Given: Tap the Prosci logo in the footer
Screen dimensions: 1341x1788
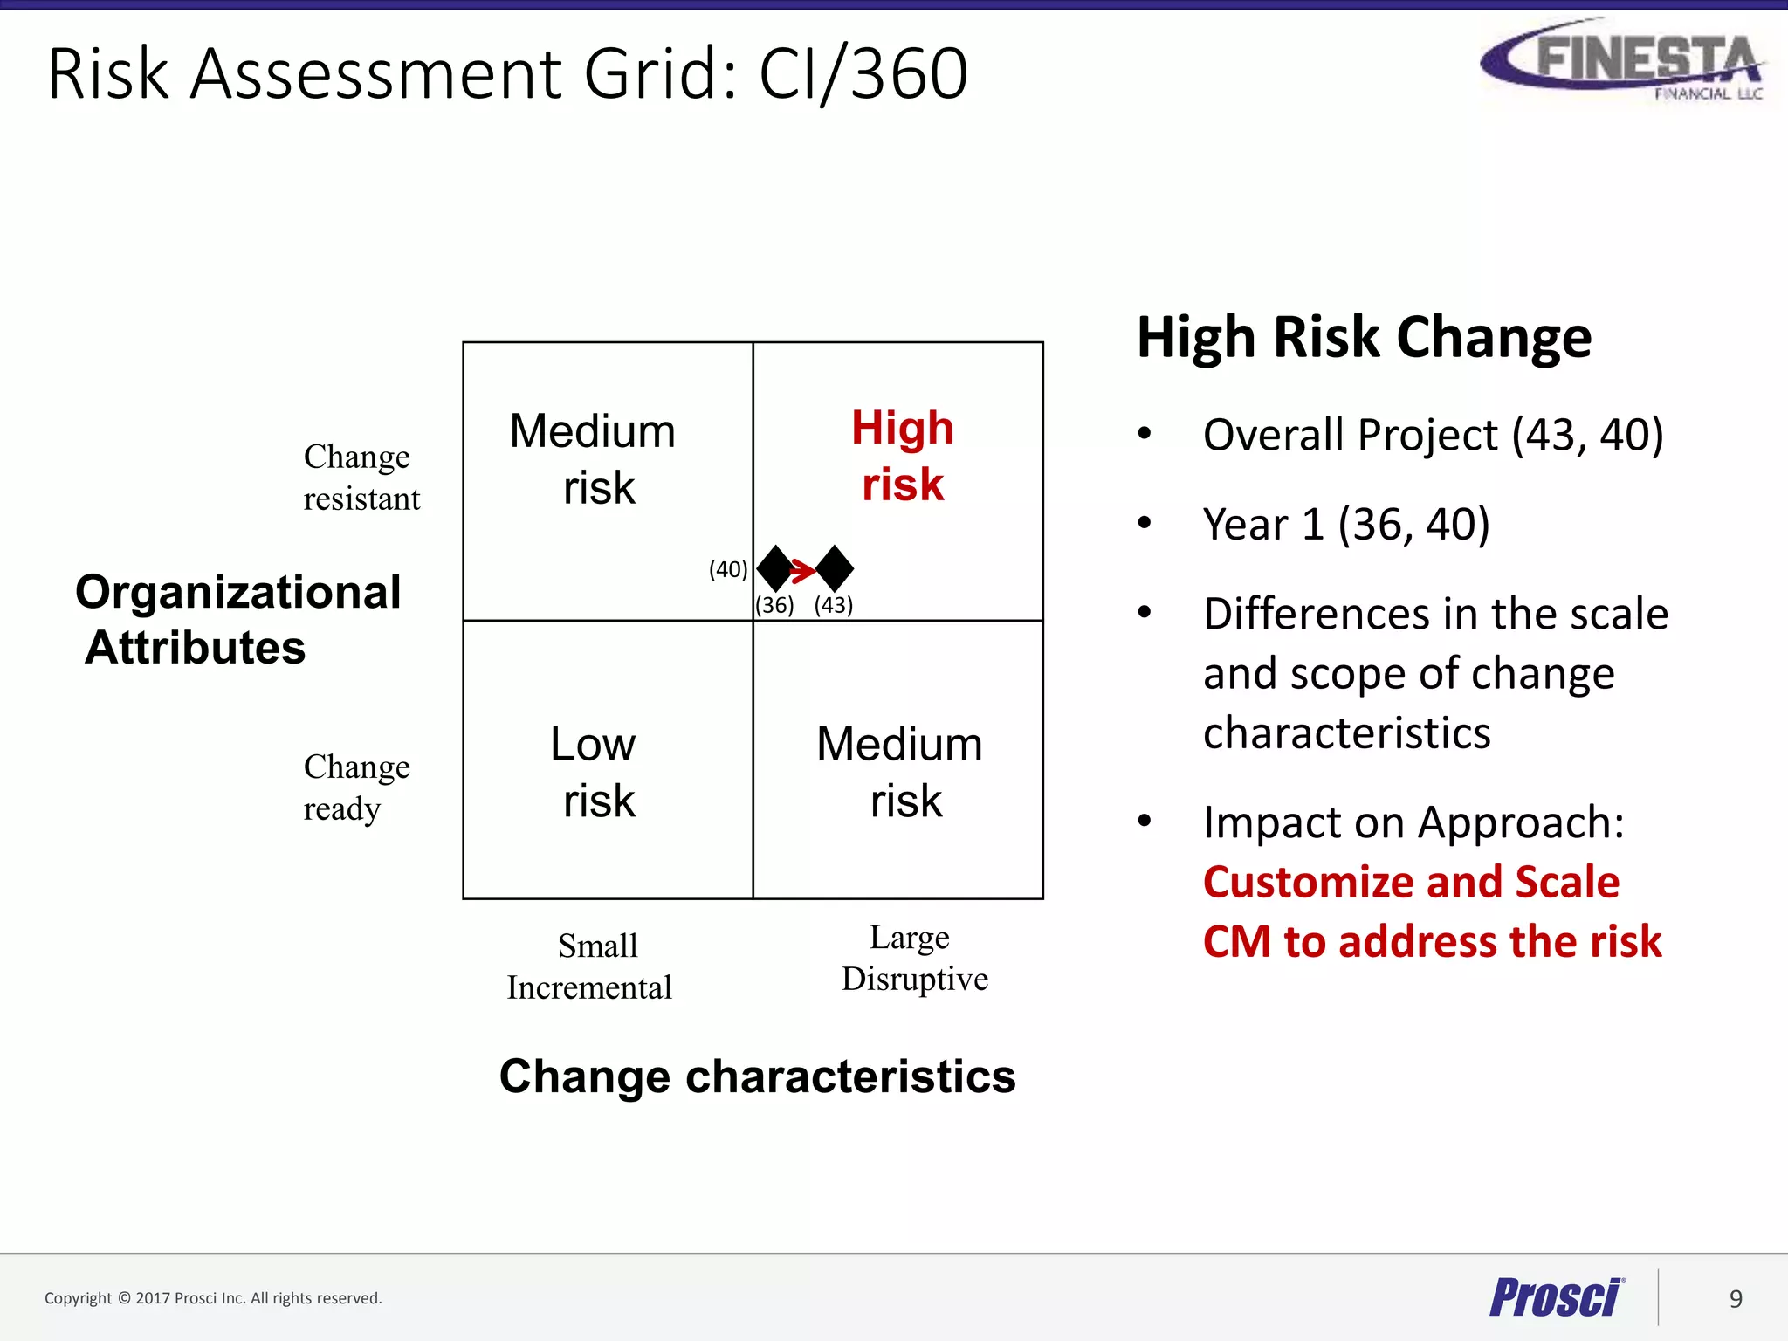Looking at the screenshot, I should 1556,1297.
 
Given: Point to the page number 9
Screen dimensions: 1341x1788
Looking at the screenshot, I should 1736,1299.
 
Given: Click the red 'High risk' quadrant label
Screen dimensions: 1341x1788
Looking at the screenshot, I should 903,456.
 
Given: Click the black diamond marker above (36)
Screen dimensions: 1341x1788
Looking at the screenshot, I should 774,568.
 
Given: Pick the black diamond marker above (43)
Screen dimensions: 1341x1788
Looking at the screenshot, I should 835,568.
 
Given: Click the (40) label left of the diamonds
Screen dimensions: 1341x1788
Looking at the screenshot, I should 728,570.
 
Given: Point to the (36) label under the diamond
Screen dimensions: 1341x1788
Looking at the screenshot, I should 774,605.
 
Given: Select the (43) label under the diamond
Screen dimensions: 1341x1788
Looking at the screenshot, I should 834,605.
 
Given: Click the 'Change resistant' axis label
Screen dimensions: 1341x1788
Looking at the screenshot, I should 361,478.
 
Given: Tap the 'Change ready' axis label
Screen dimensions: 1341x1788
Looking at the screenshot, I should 356,787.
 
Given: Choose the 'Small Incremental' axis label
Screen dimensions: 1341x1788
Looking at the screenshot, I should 590,966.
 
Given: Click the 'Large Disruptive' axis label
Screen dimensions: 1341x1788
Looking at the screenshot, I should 913,958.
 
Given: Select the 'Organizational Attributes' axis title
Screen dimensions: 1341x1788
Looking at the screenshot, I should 237,619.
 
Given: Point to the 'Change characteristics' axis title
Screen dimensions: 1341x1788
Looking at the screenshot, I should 757,1076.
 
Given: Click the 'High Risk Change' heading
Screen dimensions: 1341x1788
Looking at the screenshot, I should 1364,338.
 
